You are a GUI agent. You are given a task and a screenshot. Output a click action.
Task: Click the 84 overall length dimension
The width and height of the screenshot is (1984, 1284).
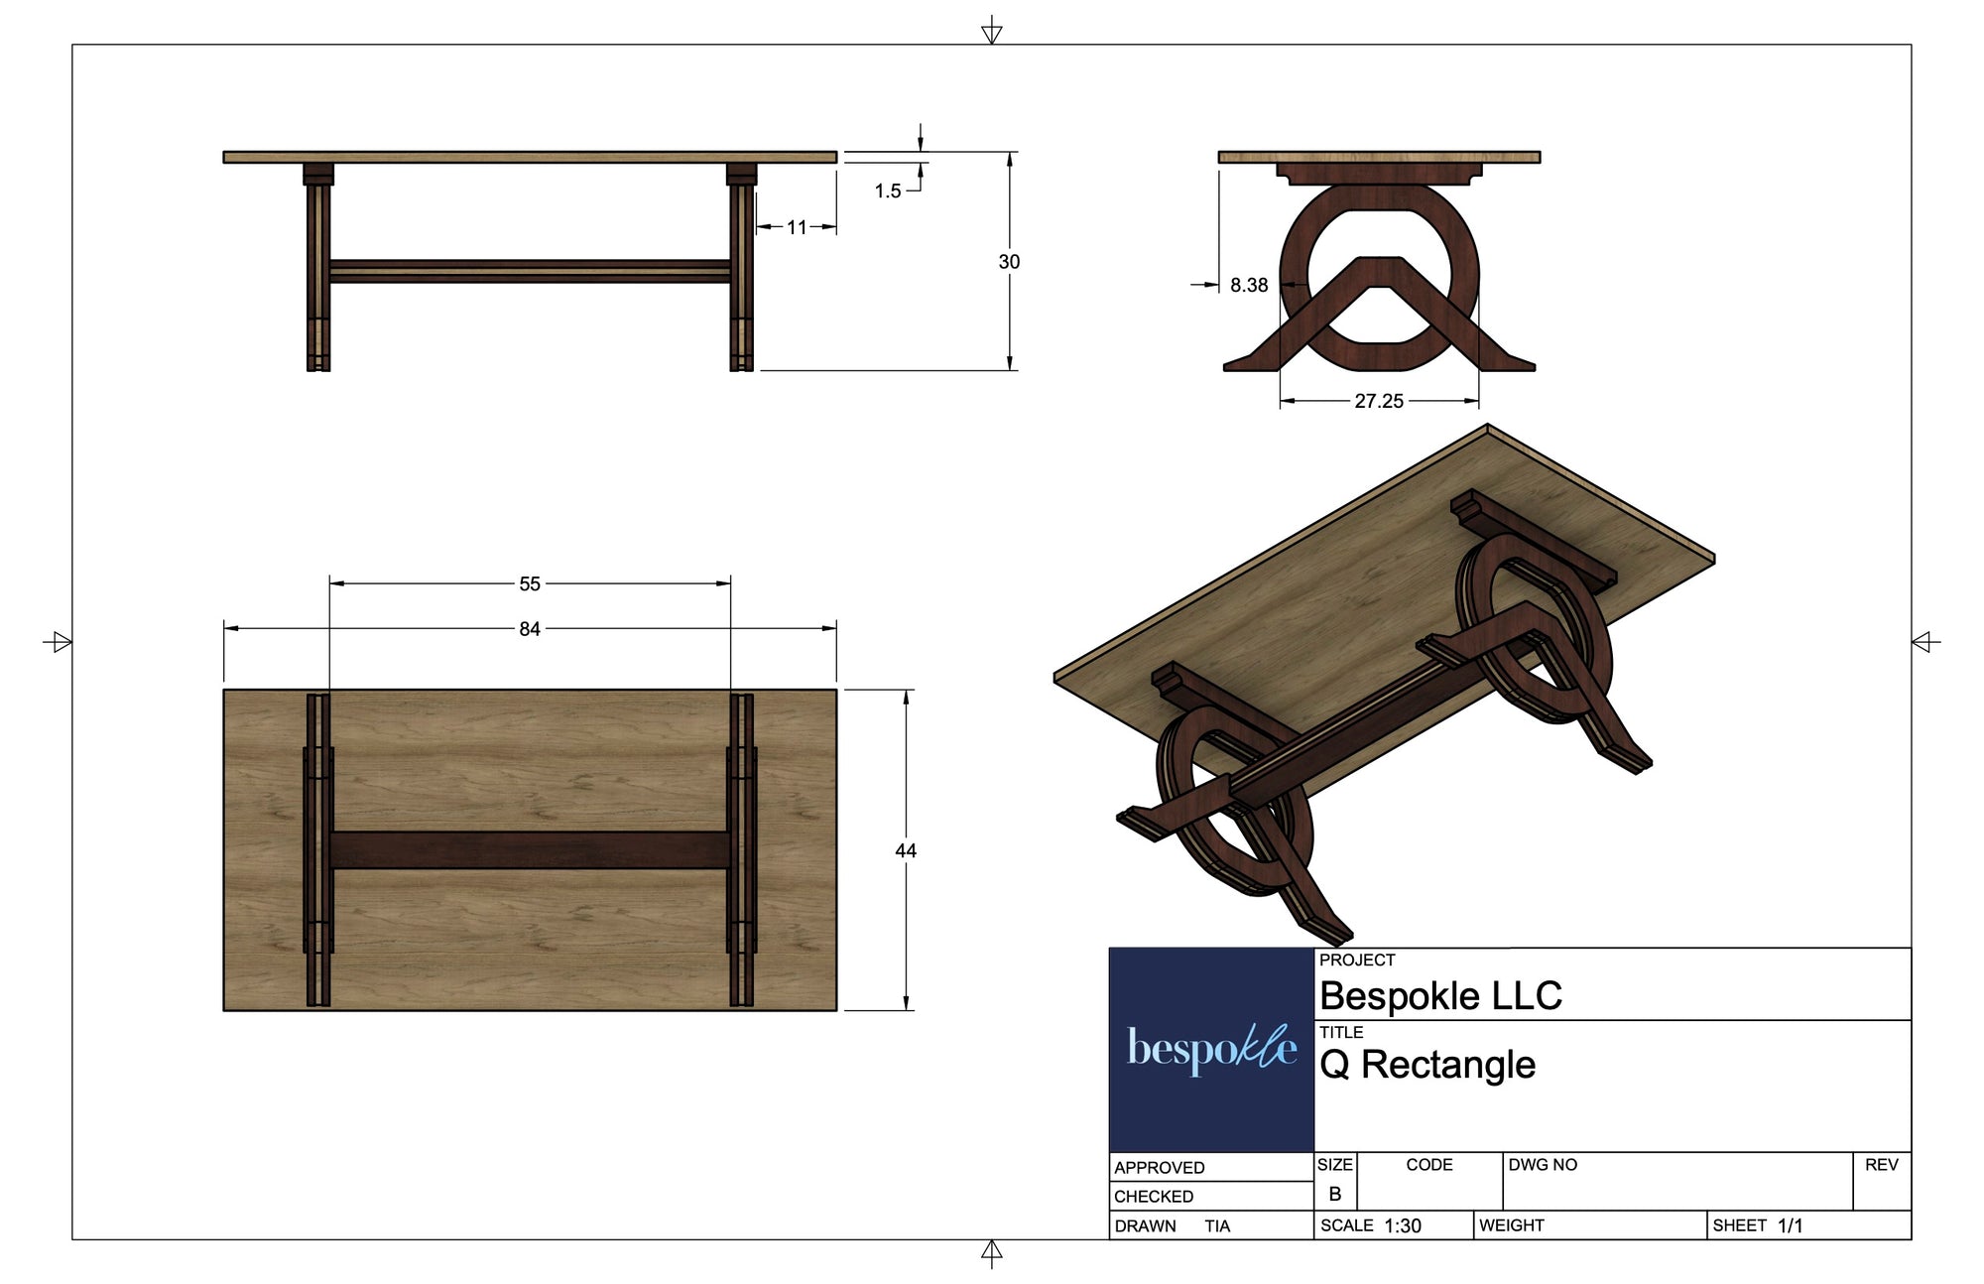(x=530, y=629)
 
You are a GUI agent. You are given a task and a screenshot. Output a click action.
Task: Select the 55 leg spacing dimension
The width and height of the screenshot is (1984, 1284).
(x=530, y=584)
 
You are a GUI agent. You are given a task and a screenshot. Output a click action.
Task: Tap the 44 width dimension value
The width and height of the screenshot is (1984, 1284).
(x=906, y=850)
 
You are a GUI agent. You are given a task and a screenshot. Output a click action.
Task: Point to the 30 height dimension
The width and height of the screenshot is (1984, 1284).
(x=1009, y=262)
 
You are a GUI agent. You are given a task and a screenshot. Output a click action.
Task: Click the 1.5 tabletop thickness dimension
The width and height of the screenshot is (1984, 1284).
(x=888, y=191)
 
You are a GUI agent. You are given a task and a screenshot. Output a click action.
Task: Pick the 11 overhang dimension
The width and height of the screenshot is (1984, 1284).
(x=797, y=227)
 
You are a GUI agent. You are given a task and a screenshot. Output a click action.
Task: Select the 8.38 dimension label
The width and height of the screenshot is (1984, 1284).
(x=1249, y=286)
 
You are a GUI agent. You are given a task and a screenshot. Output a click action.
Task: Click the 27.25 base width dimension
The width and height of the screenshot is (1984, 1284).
(x=1379, y=401)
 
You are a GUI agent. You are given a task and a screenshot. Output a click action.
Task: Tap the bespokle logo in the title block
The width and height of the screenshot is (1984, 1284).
(x=1211, y=1049)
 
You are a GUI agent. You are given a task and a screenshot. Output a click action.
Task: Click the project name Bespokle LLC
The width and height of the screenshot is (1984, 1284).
(x=1440, y=995)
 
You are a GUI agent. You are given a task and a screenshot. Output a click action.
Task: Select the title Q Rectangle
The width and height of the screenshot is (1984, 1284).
(x=1427, y=1065)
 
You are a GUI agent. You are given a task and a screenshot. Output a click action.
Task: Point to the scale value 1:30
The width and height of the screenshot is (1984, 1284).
(x=1403, y=1226)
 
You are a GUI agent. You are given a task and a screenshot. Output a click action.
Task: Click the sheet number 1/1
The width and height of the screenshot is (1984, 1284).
(x=1790, y=1226)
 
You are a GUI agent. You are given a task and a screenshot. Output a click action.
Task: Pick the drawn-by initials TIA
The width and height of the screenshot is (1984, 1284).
(x=1217, y=1226)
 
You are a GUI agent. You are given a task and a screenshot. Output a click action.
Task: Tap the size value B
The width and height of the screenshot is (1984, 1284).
(x=1335, y=1194)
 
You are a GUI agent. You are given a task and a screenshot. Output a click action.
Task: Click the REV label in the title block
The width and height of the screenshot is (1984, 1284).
(x=1881, y=1165)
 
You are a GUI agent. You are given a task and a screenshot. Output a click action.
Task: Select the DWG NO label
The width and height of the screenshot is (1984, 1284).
(x=1543, y=1165)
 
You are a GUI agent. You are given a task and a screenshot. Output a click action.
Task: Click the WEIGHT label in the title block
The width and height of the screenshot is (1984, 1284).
(x=1511, y=1226)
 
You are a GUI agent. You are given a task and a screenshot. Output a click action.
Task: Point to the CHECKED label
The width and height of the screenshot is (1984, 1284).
(x=1154, y=1197)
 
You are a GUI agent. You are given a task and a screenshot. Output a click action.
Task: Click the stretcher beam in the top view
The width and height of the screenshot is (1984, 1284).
(x=530, y=850)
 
